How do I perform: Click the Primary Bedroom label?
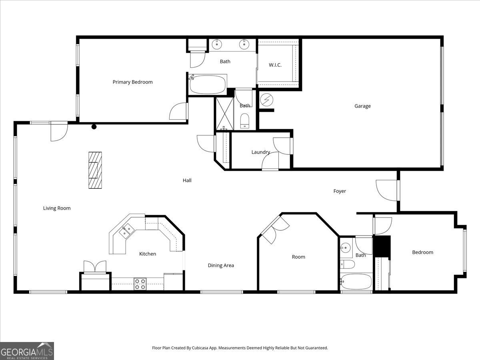point(132,82)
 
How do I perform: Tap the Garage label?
point(362,106)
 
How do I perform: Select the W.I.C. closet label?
point(275,65)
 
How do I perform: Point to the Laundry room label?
point(260,152)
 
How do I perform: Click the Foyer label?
point(340,191)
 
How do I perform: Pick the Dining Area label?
point(221,265)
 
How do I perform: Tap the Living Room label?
point(57,208)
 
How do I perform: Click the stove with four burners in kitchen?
point(140,284)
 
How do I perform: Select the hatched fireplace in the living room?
point(95,170)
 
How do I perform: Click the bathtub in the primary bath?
point(208,84)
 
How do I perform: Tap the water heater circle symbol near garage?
point(265,99)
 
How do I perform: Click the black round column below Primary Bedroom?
point(94,127)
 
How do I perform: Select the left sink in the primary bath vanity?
point(216,44)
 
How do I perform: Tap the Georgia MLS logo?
point(27,351)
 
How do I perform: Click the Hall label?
point(187,180)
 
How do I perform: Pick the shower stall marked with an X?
point(224,113)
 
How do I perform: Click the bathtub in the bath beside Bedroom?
point(356,281)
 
